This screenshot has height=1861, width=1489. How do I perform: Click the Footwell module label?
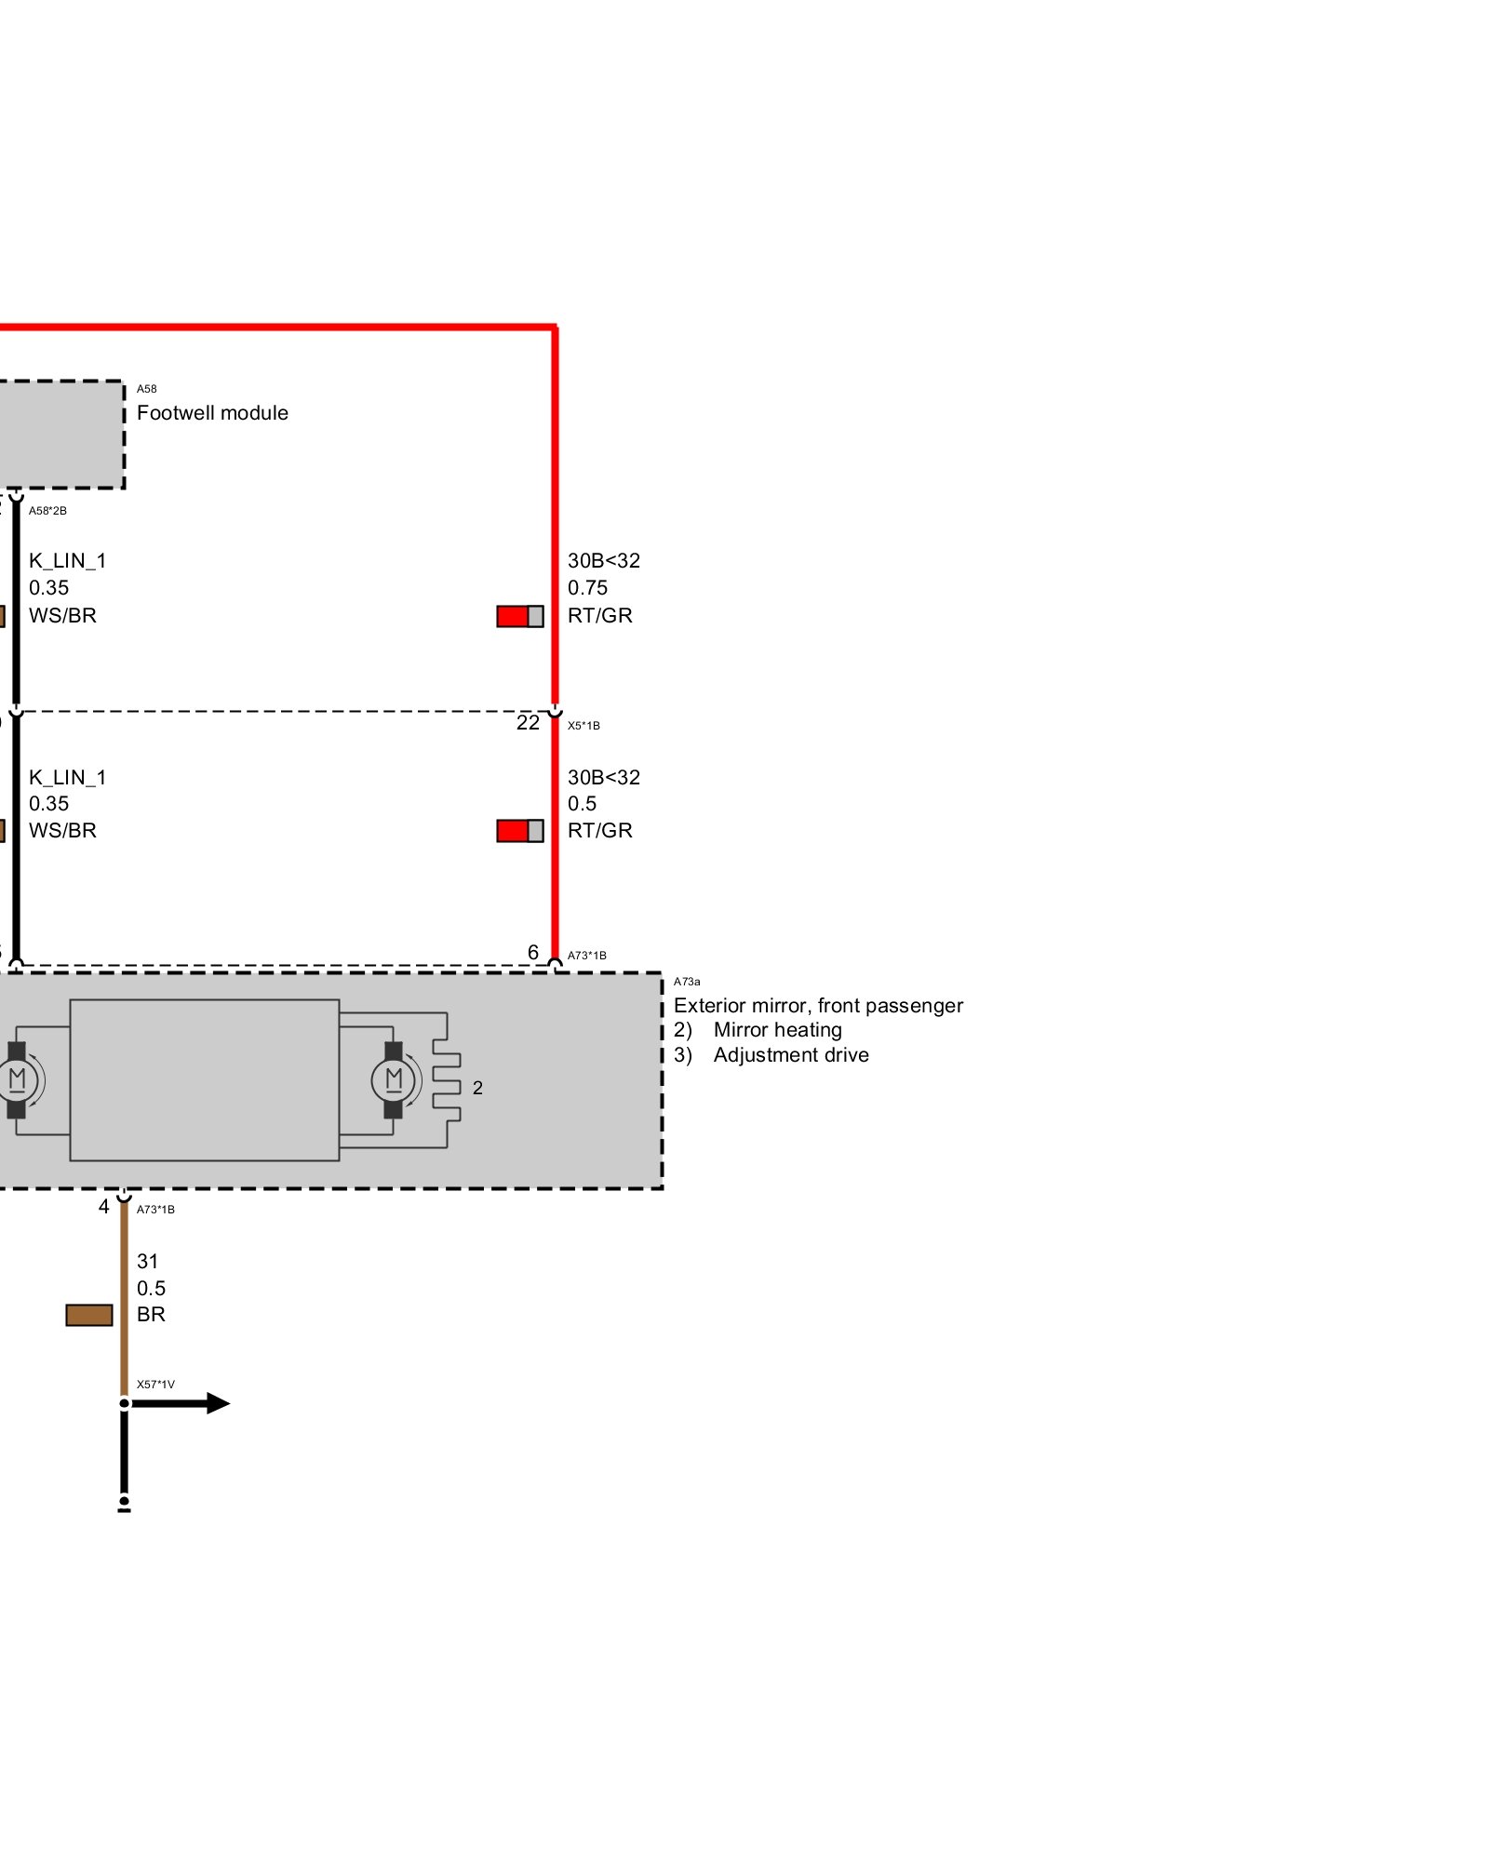coord(212,413)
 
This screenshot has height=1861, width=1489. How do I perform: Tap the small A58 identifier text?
coord(146,389)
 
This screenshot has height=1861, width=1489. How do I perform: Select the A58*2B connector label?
coord(47,511)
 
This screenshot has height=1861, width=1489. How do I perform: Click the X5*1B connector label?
coord(584,726)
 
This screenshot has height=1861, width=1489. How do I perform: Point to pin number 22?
coord(528,723)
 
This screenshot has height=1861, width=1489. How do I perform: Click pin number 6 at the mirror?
coord(533,952)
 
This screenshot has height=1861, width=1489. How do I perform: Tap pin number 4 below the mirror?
coord(104,1207)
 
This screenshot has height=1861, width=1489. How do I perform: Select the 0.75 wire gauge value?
coord(587,588)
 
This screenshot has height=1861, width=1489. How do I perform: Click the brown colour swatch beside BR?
coord(89,1315)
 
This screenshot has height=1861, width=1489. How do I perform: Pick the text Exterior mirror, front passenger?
coord(818,1006)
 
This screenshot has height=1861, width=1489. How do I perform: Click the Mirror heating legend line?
coord(758,1030)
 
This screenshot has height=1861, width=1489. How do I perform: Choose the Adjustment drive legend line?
coord(771,1055)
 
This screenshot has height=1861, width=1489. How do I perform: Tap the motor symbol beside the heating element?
coord(393,1080)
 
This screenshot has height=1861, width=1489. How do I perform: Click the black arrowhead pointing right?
coord(217,1403)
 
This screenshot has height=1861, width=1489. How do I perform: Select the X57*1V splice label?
coord(155,1385)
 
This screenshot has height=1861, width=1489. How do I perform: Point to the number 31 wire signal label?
coord(147,1262)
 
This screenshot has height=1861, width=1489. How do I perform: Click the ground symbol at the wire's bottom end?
coord(124,1505)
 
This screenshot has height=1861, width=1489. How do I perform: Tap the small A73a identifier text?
coord(687,982)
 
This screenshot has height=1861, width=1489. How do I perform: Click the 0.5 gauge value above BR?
coord(151,1289)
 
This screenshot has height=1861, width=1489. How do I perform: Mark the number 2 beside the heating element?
coord(477,1088)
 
